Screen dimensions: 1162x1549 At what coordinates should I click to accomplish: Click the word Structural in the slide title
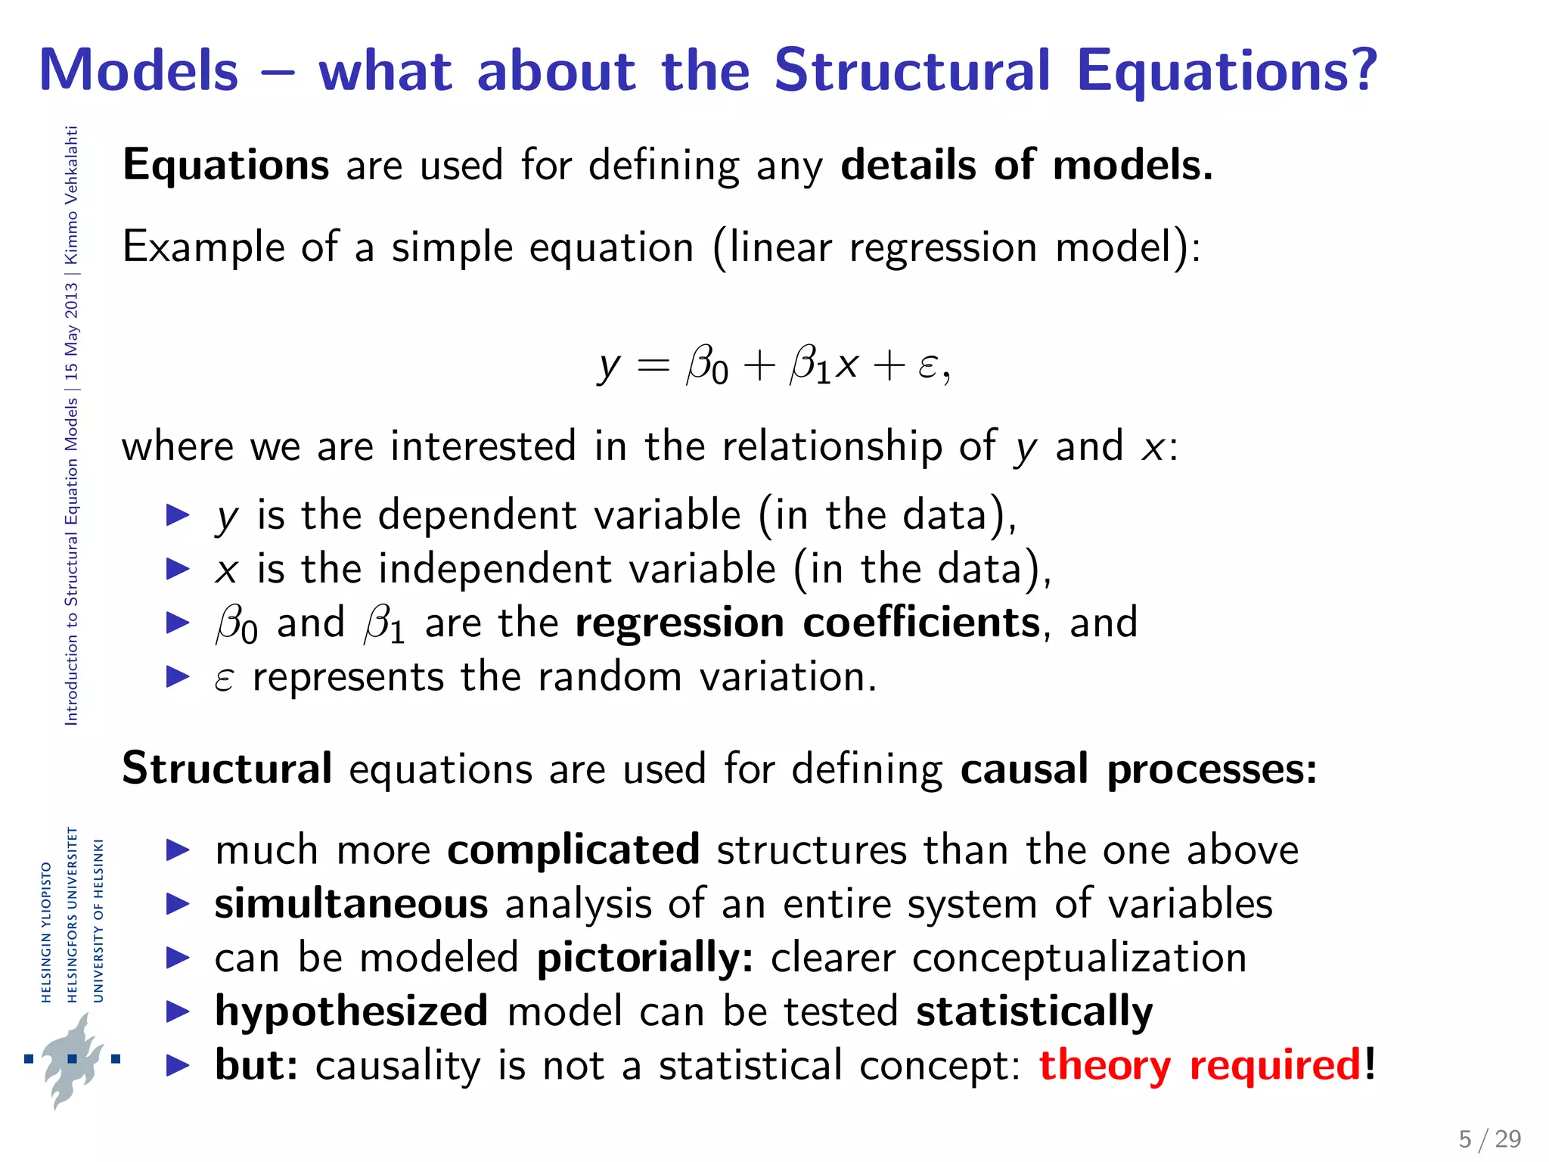pos(911,70)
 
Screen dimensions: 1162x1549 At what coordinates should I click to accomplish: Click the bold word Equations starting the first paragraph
pos(225,165)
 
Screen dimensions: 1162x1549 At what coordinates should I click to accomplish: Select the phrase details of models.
pos(1026,165)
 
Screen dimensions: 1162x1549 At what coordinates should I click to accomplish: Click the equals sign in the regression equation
pos(653,366)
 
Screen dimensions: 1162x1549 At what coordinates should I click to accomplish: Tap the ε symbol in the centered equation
pos(927,366)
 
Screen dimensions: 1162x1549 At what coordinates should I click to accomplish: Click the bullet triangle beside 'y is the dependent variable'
pos(178,515)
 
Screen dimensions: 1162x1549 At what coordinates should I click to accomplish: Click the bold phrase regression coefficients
pos(807,623)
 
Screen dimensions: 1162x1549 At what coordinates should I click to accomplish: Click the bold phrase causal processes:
pos(1138,769)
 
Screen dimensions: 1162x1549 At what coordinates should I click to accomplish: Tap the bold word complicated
pos(573,850)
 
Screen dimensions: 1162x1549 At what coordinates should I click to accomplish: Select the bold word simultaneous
pos(351,904)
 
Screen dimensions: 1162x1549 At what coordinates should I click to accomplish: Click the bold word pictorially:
pos(644,958)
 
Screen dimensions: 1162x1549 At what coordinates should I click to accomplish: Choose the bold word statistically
pos(1034,1011)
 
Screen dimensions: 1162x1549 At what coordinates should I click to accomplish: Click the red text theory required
pos(1200,1065)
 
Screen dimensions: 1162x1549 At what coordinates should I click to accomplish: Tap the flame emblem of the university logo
pos(72,1059)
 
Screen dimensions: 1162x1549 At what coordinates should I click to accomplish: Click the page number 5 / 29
pos(1489,1139)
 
